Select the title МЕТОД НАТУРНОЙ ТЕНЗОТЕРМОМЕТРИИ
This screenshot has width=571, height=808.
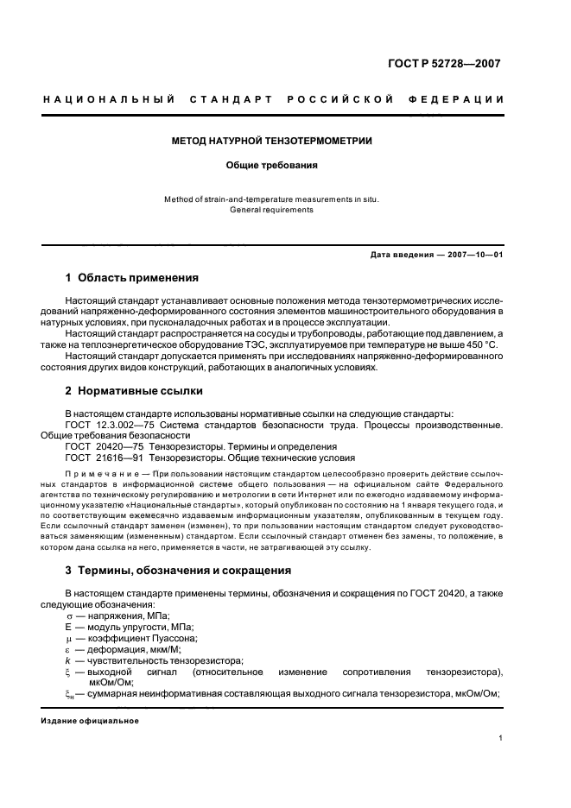272,141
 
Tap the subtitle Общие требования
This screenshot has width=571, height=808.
272,164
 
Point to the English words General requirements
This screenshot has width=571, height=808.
272,210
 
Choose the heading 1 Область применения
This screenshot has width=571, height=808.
132,278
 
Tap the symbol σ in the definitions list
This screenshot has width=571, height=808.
69,616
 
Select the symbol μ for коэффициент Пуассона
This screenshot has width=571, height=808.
69,638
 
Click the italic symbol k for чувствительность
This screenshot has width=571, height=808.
68,660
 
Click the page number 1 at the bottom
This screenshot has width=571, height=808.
501,738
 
